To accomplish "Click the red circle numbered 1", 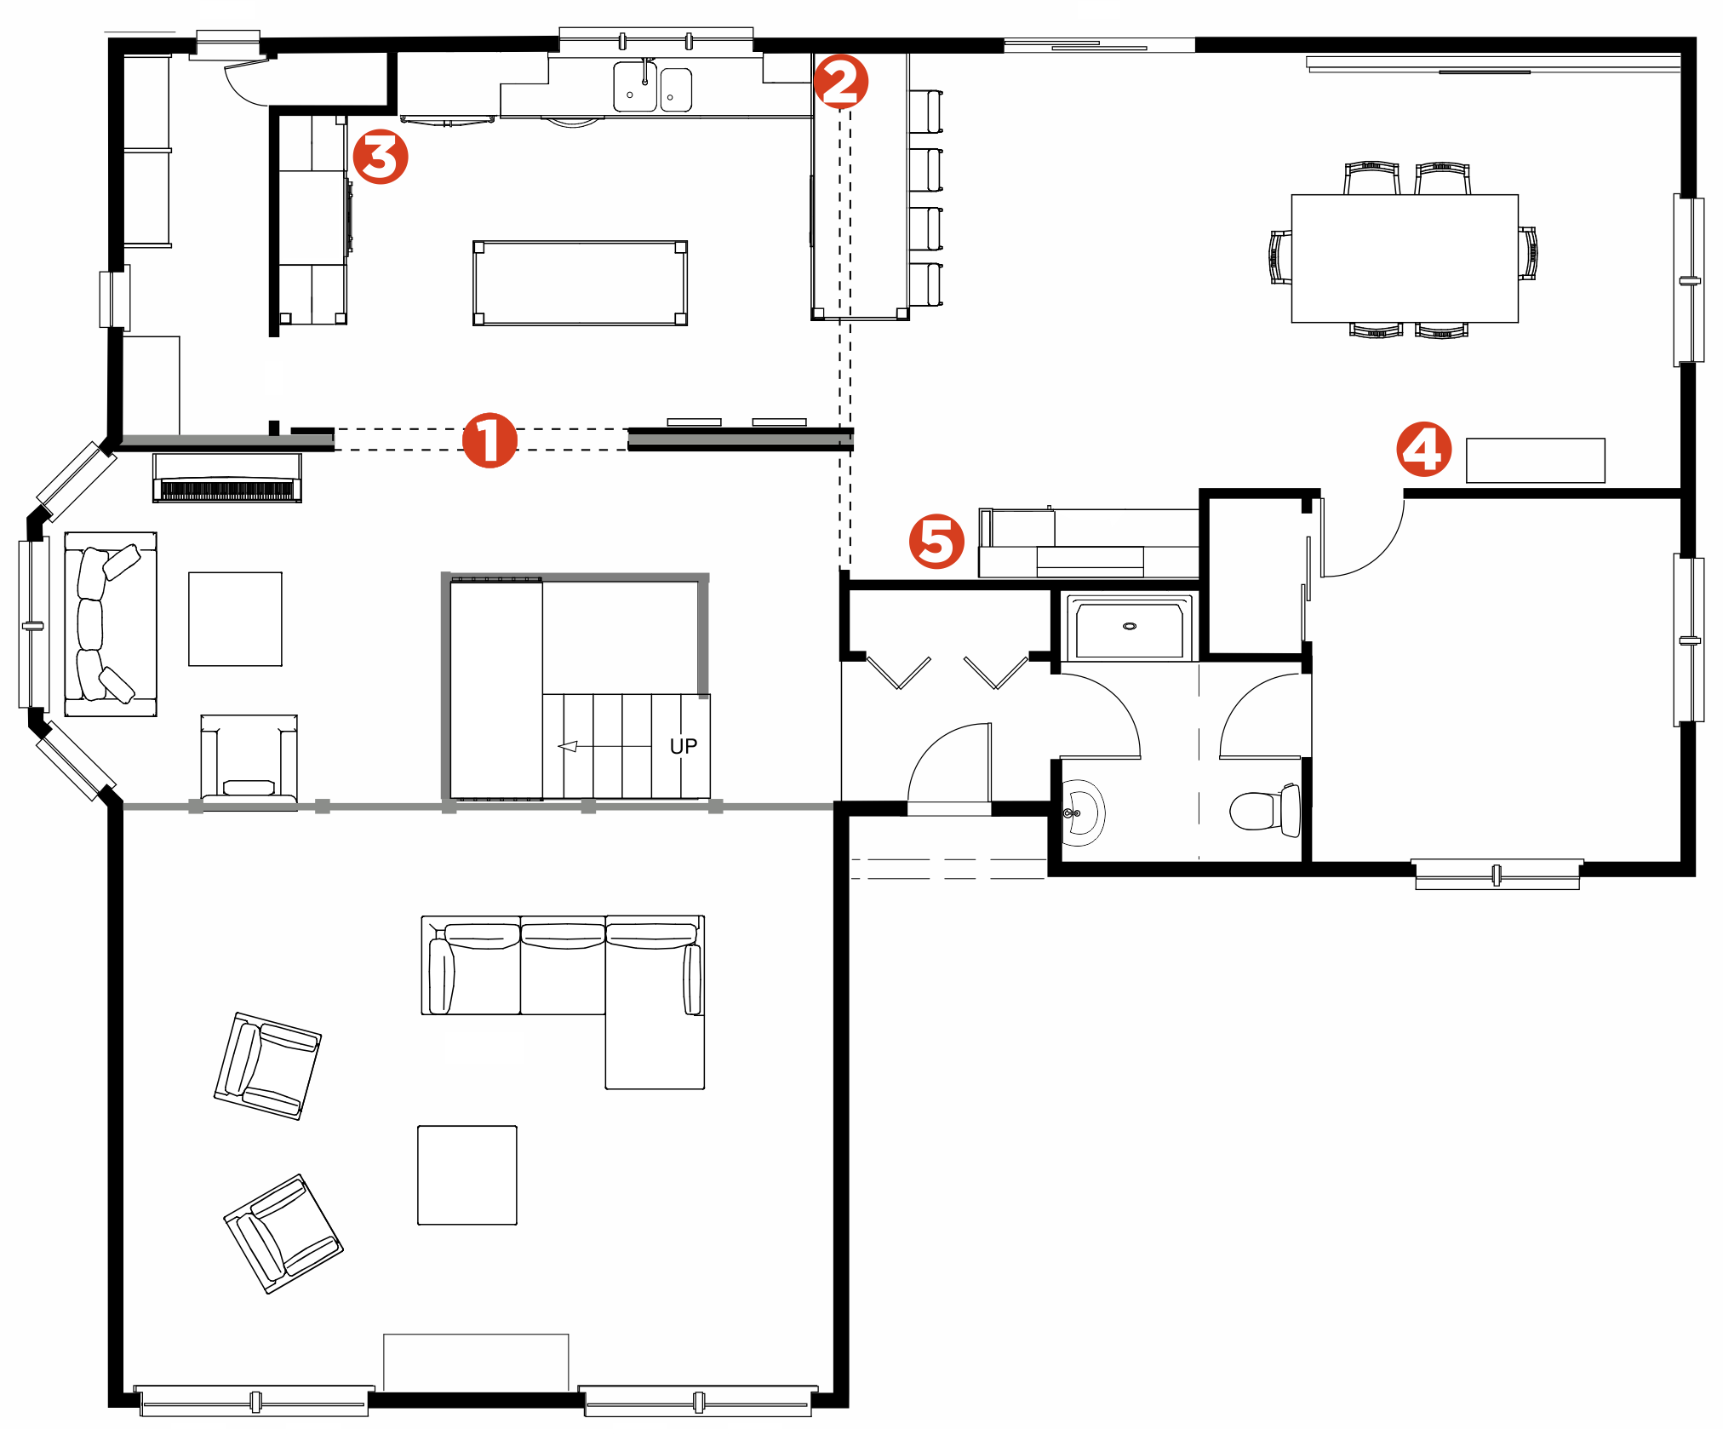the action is pos(489,440).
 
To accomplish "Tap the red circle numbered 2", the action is pos(841,82).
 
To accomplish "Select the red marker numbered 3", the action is pos(381,157).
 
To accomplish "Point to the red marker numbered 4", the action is pos(1424,449).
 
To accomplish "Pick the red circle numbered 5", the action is pos(936,541).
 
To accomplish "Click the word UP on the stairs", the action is pos(684,746).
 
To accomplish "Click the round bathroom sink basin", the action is pos(1083,813).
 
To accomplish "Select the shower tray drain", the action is pos(1130,626).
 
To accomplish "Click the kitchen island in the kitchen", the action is pos(580,283).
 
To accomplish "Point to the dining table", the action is pos(1405,258).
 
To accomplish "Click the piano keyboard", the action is pos(227,491).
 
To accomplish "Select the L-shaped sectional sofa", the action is pos(564,1002).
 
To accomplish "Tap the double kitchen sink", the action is pos(653,87).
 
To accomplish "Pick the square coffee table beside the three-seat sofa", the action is pos(235,618).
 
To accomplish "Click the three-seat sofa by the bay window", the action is pos(111,624).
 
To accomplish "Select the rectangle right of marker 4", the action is pos(1536,461).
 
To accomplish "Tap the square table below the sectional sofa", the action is pos(467,1175).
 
